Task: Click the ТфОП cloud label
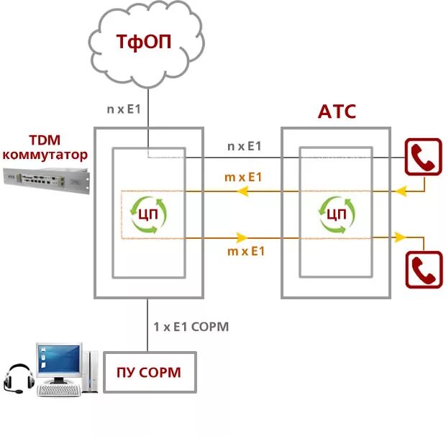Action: click(144, 42)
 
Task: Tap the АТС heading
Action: click(337, 112)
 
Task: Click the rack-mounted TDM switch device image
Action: click(46, 180)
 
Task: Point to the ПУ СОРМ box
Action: click(150, 372)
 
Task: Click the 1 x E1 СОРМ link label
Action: click(191, 327)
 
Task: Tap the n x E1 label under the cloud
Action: click(124, 109)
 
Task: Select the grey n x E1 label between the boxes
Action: click(245, 146)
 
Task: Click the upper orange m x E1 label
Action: click(243, 177)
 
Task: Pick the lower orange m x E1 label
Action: click(246, 251)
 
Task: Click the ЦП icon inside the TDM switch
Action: click(148, 214)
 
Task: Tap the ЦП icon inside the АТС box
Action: click(337, 214)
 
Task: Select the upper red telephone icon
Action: click(424, 157)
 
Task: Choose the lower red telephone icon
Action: click(424, 270)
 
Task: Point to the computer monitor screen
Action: click(59, 359)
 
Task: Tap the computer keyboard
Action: click(58, 390)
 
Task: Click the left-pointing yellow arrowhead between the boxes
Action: click(242, 191)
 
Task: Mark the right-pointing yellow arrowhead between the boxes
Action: click(242, 237)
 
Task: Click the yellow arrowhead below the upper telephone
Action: click(401, 191)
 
